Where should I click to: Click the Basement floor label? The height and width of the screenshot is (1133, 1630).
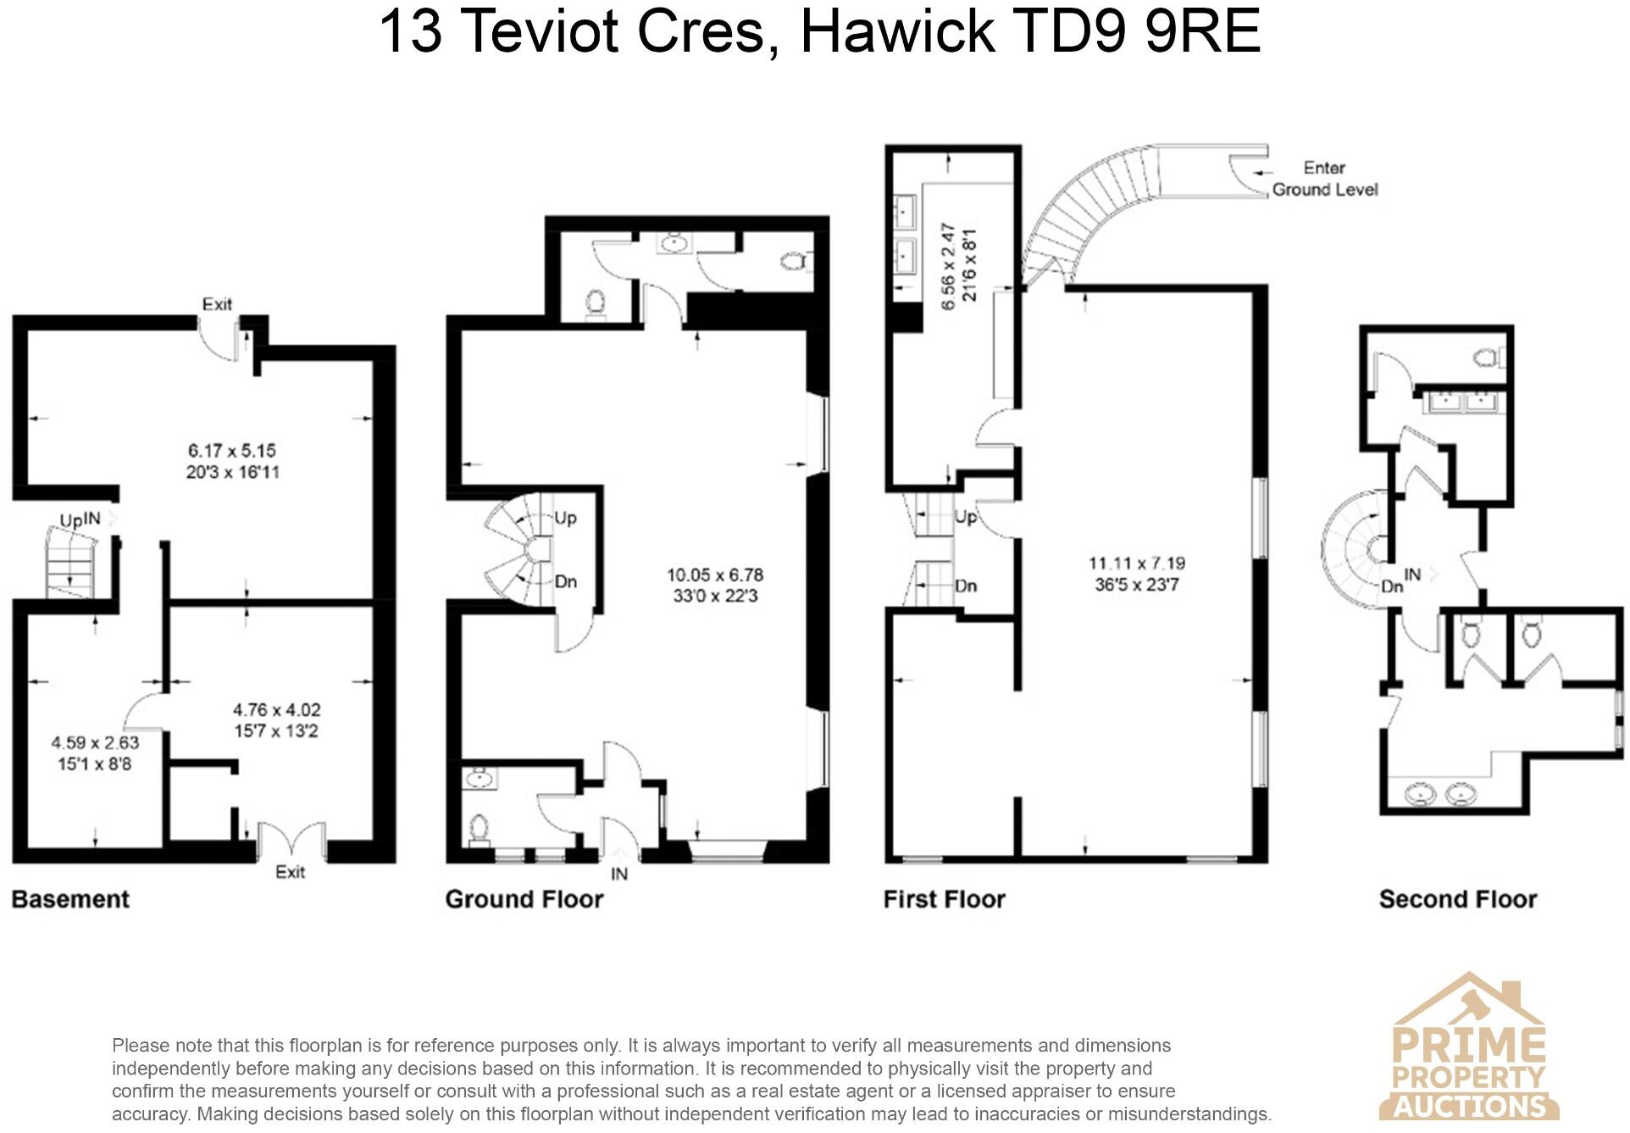click(70, 899)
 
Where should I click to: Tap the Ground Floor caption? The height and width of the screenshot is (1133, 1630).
click(524, 899)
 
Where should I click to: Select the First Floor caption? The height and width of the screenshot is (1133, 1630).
click(944, 899)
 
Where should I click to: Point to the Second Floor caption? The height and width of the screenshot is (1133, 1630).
click(1457, 899)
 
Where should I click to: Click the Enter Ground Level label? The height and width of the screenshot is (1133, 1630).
click(1324, 179)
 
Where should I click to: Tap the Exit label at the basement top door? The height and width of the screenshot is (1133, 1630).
click(217, 304)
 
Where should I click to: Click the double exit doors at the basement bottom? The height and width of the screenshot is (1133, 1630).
click(291, 841)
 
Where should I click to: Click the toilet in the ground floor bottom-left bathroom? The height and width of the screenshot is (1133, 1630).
click(480, 828)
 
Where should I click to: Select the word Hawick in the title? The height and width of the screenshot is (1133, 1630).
click(897, 31)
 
